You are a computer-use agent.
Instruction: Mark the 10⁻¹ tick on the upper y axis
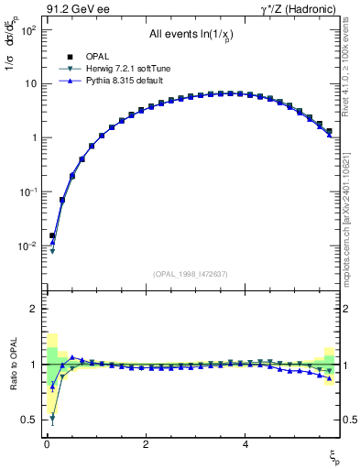pyautogui.click(x=27, y=192)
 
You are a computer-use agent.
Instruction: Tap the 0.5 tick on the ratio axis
pyautogui.click(x=30, y=420)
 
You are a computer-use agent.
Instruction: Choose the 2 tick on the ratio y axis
pyautogui.click(x=34, y=310)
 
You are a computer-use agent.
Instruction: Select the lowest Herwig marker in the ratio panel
pyautogui.click(x=52, y=418)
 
